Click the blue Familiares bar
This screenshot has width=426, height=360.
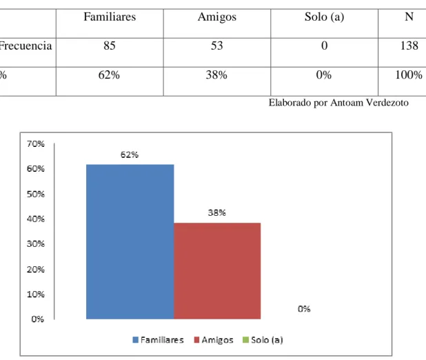[130, 241]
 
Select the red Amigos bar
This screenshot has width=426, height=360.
[217, 271]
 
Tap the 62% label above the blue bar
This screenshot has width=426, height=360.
[130, 154]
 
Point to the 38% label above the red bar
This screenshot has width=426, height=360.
[217, 212]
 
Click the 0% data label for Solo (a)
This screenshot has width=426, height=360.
[304, 309]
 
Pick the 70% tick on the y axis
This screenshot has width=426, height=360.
[36, 144]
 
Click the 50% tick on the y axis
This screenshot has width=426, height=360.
[36, 194]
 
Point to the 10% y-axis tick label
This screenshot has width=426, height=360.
[36, 294]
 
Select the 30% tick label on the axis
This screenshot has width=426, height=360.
[36, 244]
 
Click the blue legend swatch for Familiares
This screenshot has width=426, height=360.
[135, 340]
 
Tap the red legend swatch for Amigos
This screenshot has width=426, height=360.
[196, 340]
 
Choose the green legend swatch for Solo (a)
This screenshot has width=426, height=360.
[245, 340]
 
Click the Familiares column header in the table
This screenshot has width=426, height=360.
[110, 17]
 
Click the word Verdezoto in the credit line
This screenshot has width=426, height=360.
[387, 103]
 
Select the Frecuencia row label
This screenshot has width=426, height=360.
[26, 46]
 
